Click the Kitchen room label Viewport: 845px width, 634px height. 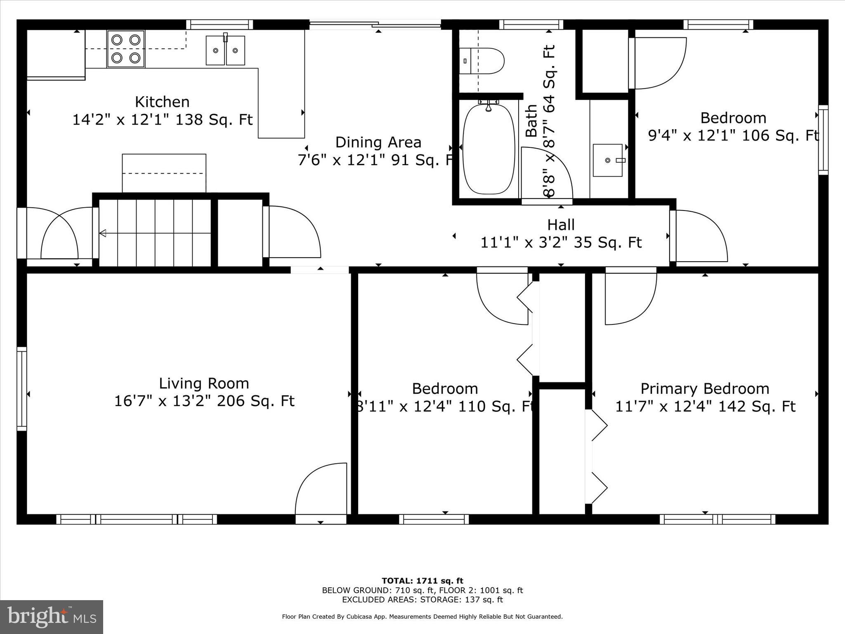click(x=162, y=102)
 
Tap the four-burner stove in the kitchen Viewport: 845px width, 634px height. click(x=126, y=49)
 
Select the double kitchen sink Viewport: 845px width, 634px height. click(x=225, y=50)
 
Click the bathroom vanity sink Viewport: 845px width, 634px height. click(x=607, y=160)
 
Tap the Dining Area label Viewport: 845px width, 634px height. click(x=378, y=142)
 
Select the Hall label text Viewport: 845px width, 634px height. click(x=561, y=225)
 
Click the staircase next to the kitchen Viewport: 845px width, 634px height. click(x=155, y=233)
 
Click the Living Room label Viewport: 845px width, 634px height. click(x=204, y=383)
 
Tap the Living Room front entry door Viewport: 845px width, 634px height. click(x=321, y=494)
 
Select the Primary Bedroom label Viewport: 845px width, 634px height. click(x=705, y=389)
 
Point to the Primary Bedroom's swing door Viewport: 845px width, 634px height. click(x=630, y=297)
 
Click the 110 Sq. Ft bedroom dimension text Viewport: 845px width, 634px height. click(x=445, y=407)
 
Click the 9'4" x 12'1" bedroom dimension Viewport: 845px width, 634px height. click(x=733, y=135)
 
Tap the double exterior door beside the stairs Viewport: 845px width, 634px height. click(x=58, y=234)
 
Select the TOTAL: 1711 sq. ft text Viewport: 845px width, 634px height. click(x=422, y=581)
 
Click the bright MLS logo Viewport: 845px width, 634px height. click(x=52, y=617)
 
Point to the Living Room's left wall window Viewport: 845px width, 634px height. click(x=21, y=389)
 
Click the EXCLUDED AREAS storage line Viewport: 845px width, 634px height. click(x=422, y=600)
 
